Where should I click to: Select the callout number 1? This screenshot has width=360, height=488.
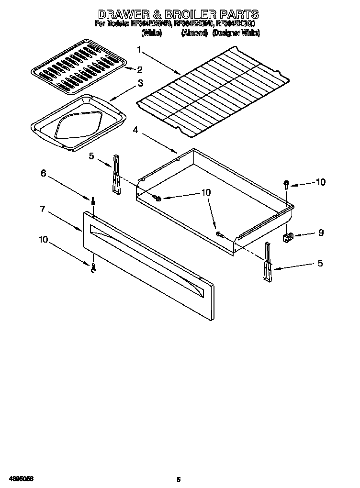tap(139, 50)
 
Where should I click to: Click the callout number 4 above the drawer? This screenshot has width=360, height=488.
tap(136, 130)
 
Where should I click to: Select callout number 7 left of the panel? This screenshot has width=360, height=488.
tap(43, 209)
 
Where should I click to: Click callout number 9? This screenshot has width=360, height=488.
tap(320, 233)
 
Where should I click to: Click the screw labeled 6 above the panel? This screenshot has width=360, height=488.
tap(92, 200)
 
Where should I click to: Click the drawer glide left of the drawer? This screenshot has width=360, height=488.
tap(116, 175)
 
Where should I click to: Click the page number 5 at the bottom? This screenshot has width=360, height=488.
tap(178, 479)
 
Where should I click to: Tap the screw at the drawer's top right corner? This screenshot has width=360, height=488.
tap(286, 184)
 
